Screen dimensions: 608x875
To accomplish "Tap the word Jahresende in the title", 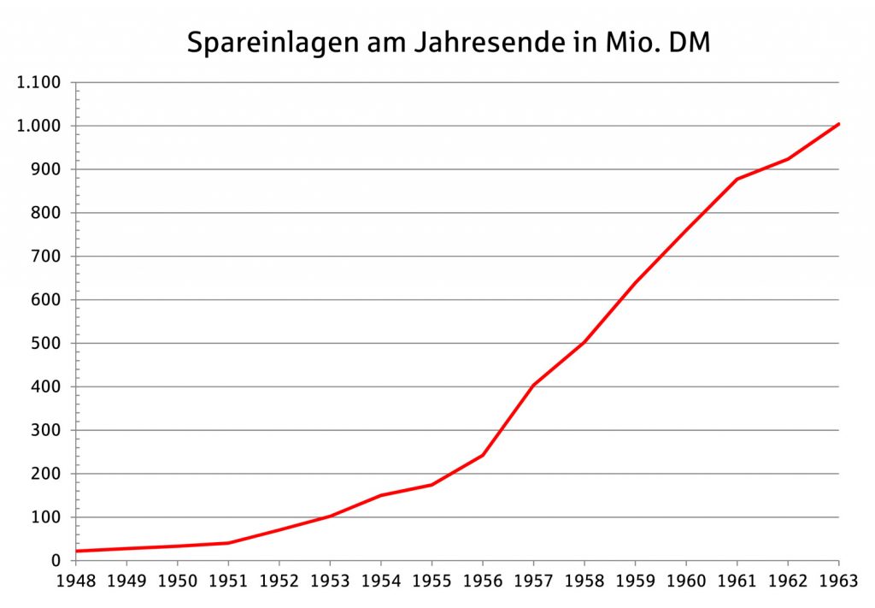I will [x=485, y=44].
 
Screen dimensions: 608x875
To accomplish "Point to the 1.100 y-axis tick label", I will [x=38, y=83].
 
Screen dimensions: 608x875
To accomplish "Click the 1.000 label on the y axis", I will [x=38, y=127].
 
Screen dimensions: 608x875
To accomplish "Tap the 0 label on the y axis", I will [x=56, y=561].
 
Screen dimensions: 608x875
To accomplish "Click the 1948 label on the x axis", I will [x=75, y=582].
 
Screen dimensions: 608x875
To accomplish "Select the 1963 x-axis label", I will [x=838, y=582].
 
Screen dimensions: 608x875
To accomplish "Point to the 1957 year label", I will [x=533, y=582].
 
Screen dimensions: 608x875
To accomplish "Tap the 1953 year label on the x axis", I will [x=330, y=582].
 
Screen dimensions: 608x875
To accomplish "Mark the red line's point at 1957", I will [x=533, y=385].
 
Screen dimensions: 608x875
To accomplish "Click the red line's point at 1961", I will [x=737, y=179].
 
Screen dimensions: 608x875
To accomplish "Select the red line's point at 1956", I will [x=483, y=455].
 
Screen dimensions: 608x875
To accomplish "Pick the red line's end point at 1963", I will [x=838, y=124].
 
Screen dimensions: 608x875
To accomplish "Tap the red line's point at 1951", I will [x=228, y=543].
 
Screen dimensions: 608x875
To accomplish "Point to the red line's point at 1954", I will [x=380, y=495].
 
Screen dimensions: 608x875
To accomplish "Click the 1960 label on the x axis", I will [x=686, y=582].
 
